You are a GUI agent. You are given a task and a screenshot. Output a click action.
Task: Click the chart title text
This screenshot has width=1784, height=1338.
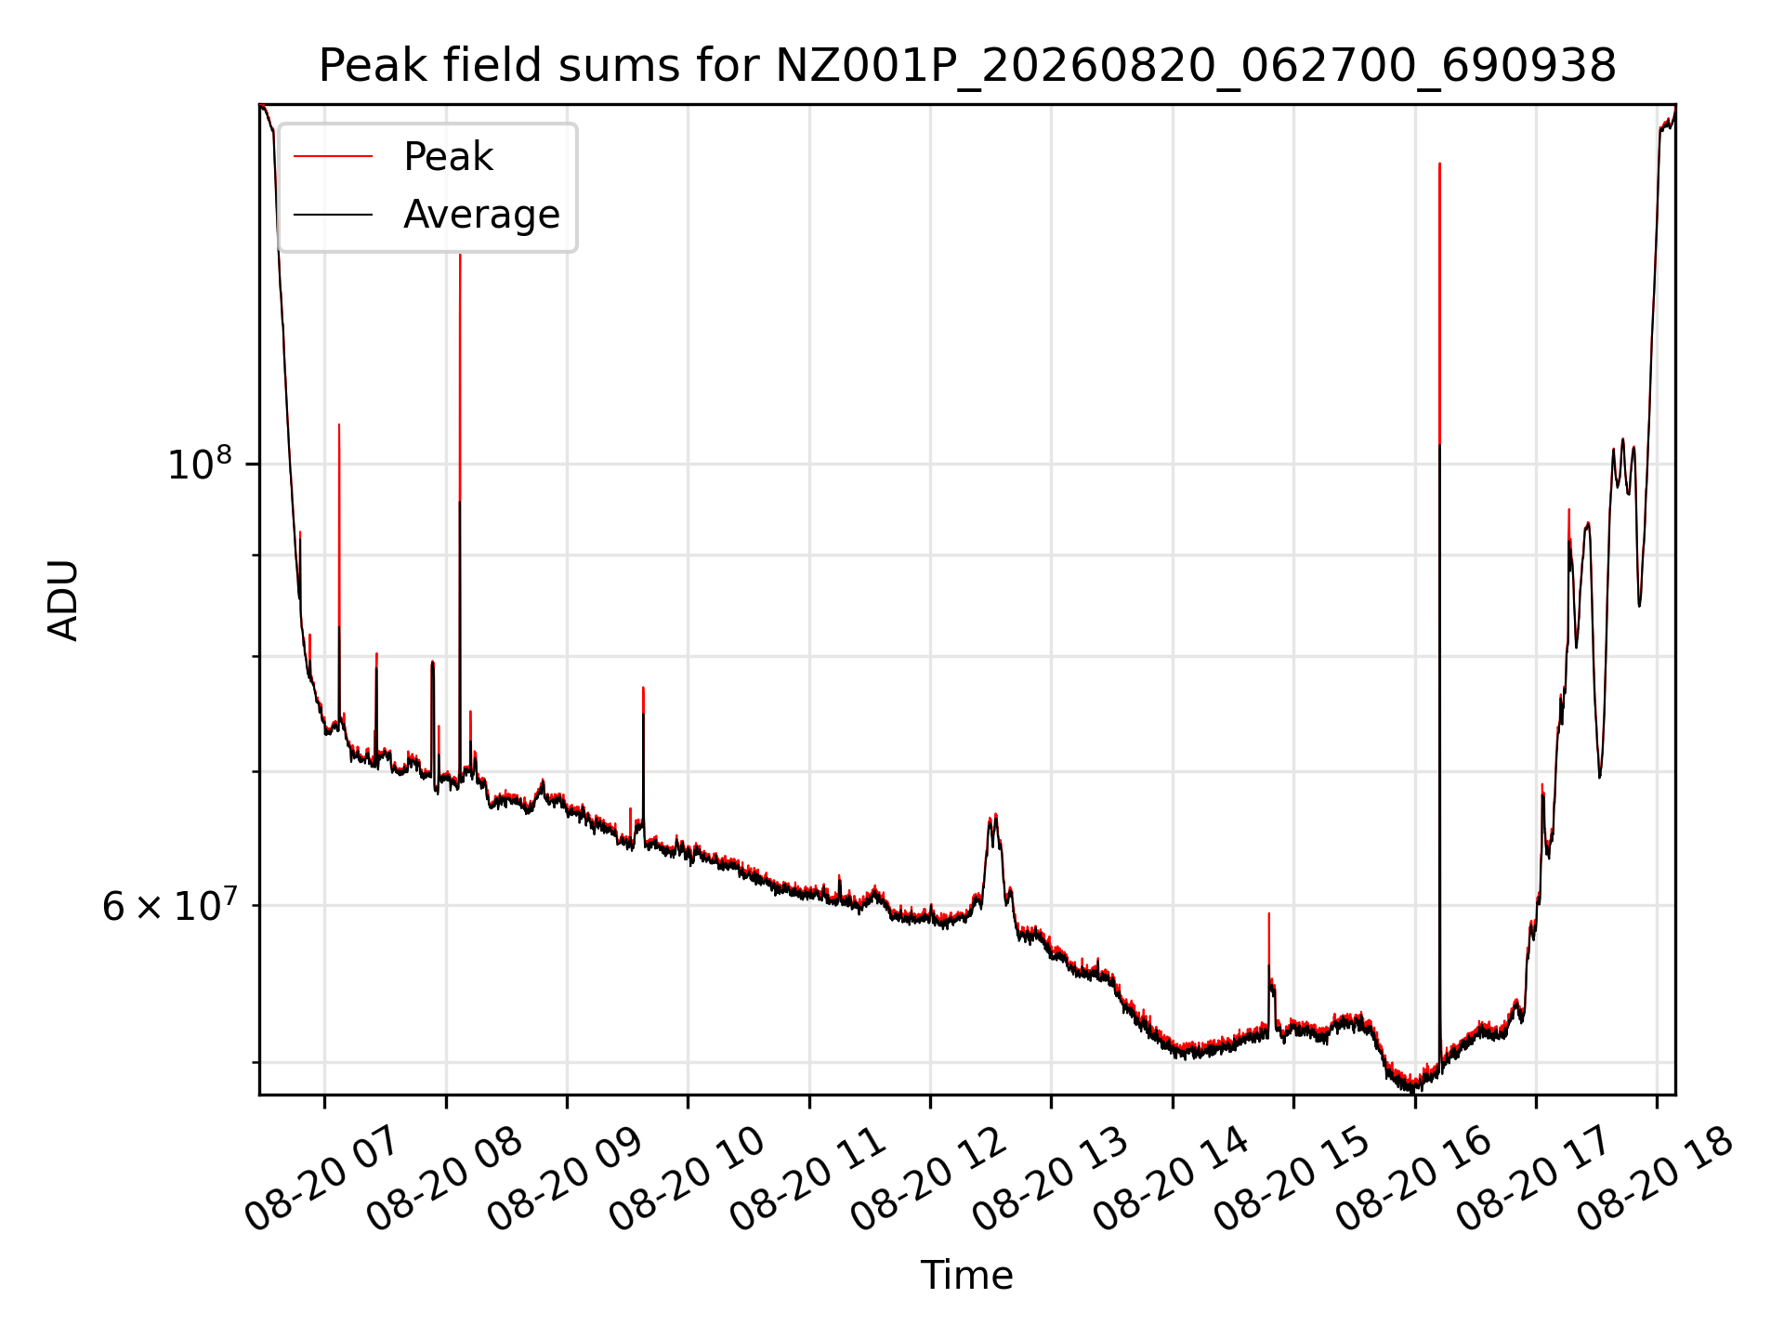tap(967, 66)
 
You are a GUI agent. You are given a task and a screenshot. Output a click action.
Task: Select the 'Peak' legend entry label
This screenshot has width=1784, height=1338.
tap(448, 157)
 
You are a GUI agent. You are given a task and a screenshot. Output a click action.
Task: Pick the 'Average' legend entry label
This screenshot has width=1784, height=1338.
tap(481, 215)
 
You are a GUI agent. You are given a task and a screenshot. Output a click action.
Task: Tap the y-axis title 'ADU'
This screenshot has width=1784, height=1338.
tap(63, 599)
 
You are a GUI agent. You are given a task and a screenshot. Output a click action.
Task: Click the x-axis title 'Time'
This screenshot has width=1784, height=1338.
tap(966, 1275)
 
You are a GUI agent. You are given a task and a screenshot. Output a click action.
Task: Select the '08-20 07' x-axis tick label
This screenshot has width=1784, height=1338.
tap(321, 1179)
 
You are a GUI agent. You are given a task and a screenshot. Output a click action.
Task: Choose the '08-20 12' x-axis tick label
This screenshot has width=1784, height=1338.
tap(926, 1179)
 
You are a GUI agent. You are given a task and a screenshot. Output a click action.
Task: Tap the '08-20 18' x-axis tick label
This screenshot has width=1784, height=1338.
tap(1654, 1179)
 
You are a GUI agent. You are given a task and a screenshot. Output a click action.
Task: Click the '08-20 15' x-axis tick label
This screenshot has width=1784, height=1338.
tap(1290, 1179)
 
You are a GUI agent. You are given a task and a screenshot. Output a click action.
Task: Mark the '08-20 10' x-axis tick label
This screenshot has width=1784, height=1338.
tap(684, 1179)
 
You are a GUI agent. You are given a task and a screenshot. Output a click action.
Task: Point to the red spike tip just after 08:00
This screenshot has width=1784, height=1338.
tap(460, 254)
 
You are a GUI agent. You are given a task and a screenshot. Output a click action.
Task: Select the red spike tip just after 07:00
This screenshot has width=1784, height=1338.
tap(339, 425)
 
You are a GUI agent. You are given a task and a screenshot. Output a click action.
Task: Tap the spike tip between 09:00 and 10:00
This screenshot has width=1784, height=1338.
tap(643, 688)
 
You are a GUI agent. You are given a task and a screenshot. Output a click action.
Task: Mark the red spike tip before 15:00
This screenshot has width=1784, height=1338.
tap(1269, 913)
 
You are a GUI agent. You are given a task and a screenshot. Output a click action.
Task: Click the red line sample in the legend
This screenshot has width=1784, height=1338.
tap(333, 157)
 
